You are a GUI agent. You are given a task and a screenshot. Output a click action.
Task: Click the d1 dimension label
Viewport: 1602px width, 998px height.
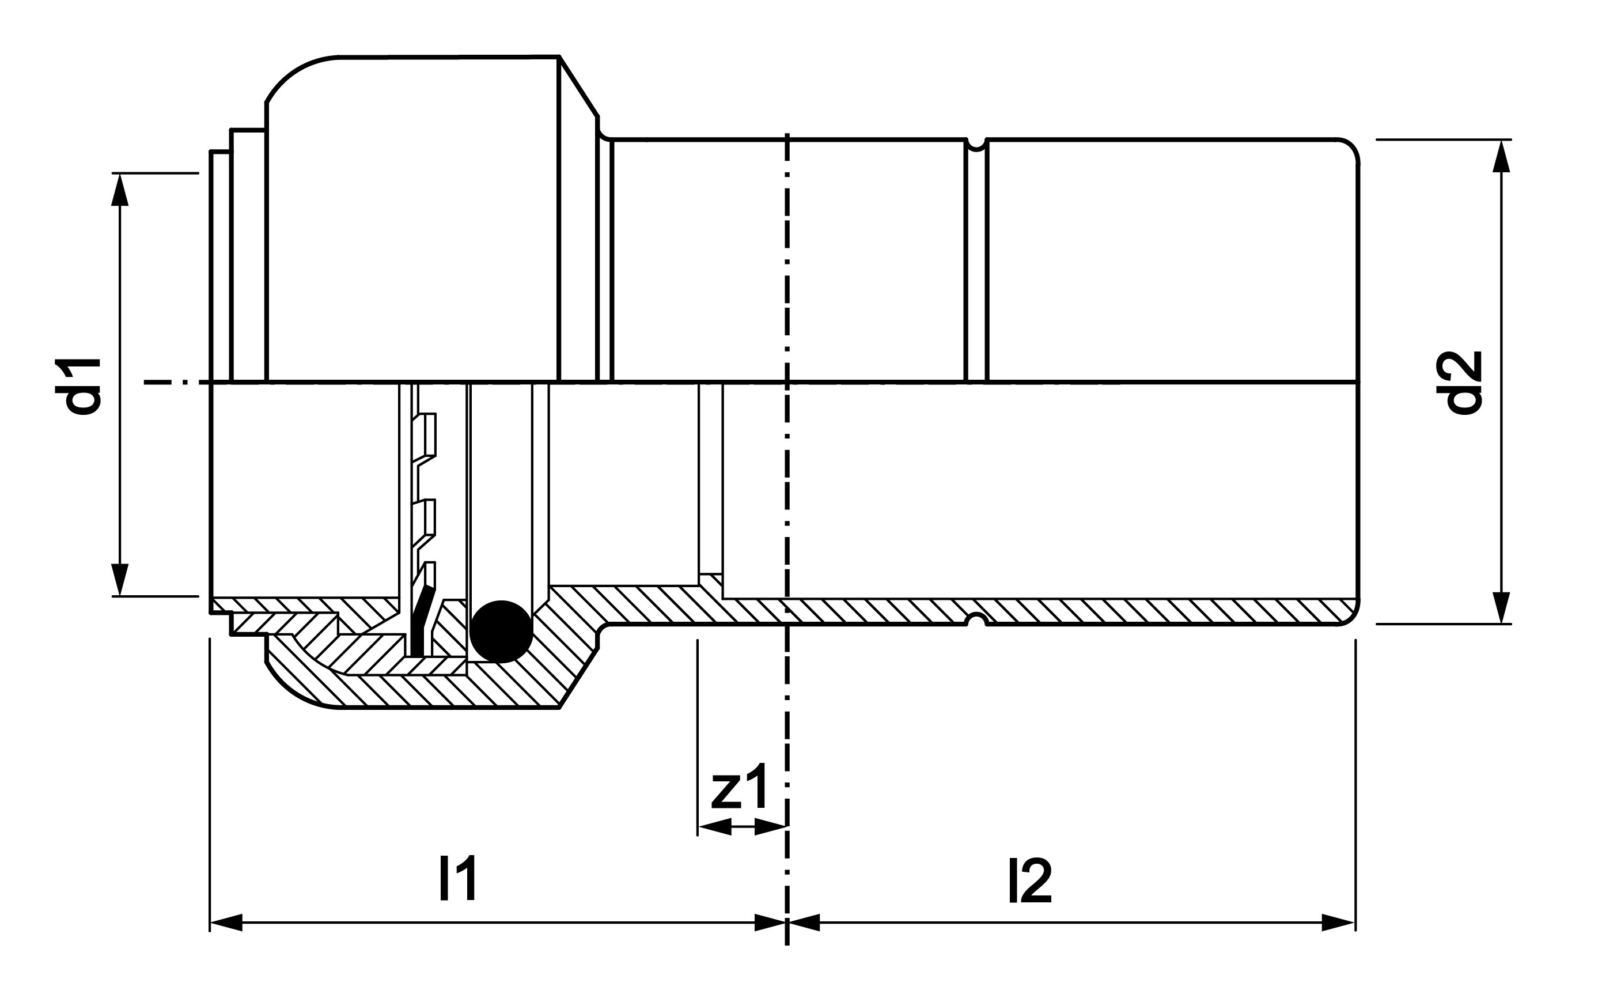coord(78,385)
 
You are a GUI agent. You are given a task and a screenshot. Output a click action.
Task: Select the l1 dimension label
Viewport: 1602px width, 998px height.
coord(457,880)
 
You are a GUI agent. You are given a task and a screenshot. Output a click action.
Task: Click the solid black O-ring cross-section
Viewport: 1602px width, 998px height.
coord(501,631)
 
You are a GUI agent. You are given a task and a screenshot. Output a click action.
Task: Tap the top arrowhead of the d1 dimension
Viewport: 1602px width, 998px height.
coord(119,190)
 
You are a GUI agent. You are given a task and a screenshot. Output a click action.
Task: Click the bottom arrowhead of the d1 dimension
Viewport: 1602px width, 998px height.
coord(119,580)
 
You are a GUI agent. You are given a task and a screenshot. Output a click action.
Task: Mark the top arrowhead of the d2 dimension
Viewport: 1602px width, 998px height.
coord(1501,156)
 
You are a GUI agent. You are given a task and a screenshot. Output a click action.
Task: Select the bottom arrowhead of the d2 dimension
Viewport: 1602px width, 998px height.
coord(1501,607)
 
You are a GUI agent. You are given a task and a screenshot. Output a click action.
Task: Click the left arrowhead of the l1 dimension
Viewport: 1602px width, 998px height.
coord(226,923)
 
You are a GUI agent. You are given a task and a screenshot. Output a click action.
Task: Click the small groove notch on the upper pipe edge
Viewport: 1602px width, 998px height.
coord(976,144)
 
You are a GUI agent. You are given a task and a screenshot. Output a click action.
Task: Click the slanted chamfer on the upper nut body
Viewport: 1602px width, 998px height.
coord(580,86)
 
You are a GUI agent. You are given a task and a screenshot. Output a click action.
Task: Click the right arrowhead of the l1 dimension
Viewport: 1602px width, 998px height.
coord(770,923)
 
